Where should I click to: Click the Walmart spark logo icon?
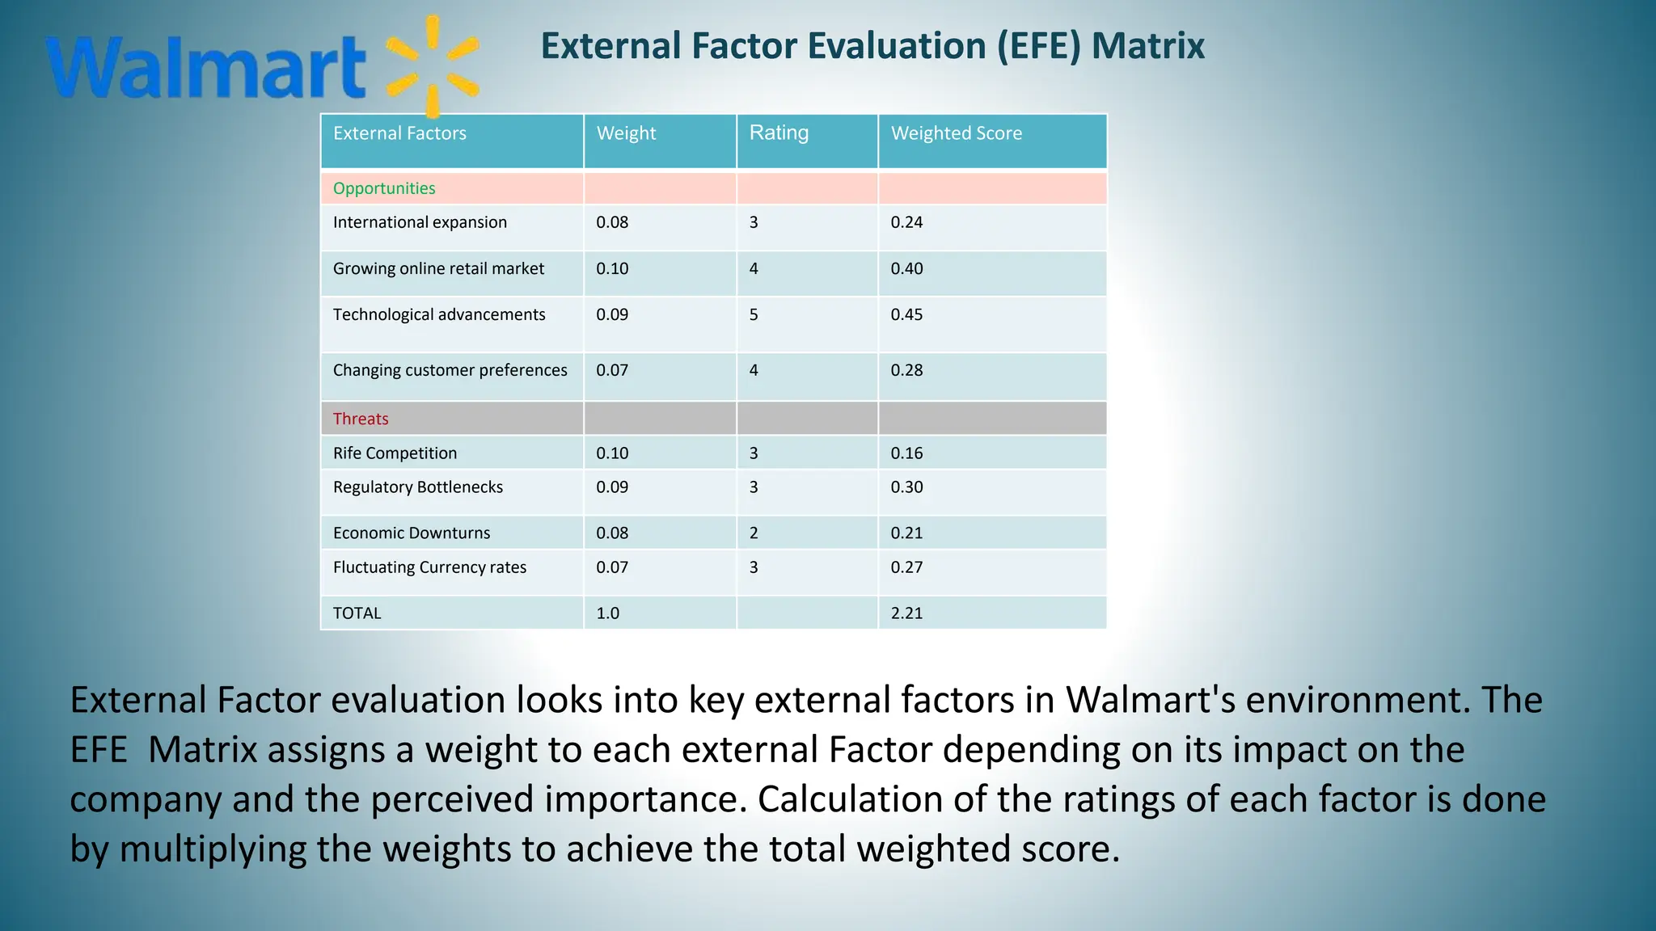(x=433, y=66)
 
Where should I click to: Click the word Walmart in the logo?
(x=206, y=68)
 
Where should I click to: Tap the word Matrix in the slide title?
(x=1147, y=45)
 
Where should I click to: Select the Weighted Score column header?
(x=956, y=133)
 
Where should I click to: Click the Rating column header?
(x=779, y=133)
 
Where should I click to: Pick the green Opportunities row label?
(x=384, y=188)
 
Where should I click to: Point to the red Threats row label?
(x=361, y=419)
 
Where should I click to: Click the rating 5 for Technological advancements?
(x=754, y=314)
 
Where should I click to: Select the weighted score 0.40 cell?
(x=906, y=268)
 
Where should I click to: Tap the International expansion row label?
(x=420, y=222)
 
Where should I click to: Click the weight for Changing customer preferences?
(x=612, y=370)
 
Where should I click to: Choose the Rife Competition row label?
(x=395, y=453)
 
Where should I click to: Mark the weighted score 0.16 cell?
(x=906, y=453)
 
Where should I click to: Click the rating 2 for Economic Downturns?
(x=754, y=533)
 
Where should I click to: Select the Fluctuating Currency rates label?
(x=429, y=567)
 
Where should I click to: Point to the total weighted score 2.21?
(x=906, y=613)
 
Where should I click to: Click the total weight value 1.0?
(x=607, y=613)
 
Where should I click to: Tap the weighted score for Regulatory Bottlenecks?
(x=906, y=487)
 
